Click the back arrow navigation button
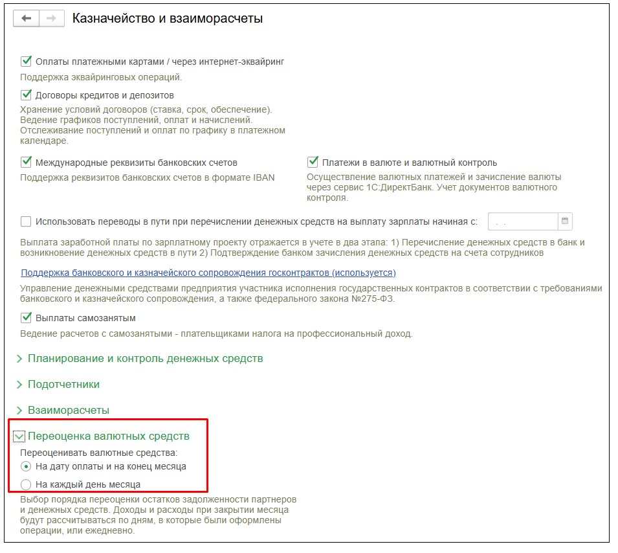pyautogui.click(x=27, y=19)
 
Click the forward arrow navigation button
pyautogui.click(x=52, y=19)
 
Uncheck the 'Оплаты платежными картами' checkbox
pyautogui.click(x=27, y=62)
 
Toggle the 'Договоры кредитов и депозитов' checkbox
pyautogui.click(x=27, y=95)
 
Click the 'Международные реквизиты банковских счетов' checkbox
pyautogui.click(x=27, y=162)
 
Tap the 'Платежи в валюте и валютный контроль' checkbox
pyautogui.click(x=313, y=162)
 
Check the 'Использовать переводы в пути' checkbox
pyautogui.click(x=27, y=221)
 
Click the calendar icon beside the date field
pyautogui.click(x=565, y=221)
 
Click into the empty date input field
pyautogui.click(x=522, y=221)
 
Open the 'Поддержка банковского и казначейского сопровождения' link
pyautogui.click(x=208, y=273)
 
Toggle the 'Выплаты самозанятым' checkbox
pyautogui.click(x=27, y=318)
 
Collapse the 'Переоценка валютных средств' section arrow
pyautogui.click(x=20, y=436)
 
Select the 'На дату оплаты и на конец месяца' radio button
pyautogui.click(x=26, y=466)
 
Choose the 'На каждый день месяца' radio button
pyautogui.click(x=26, y=484)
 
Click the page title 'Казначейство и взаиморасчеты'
pyautogui.click(x=168, y=19)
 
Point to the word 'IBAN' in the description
pyautogui.click(x=262, y=177)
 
